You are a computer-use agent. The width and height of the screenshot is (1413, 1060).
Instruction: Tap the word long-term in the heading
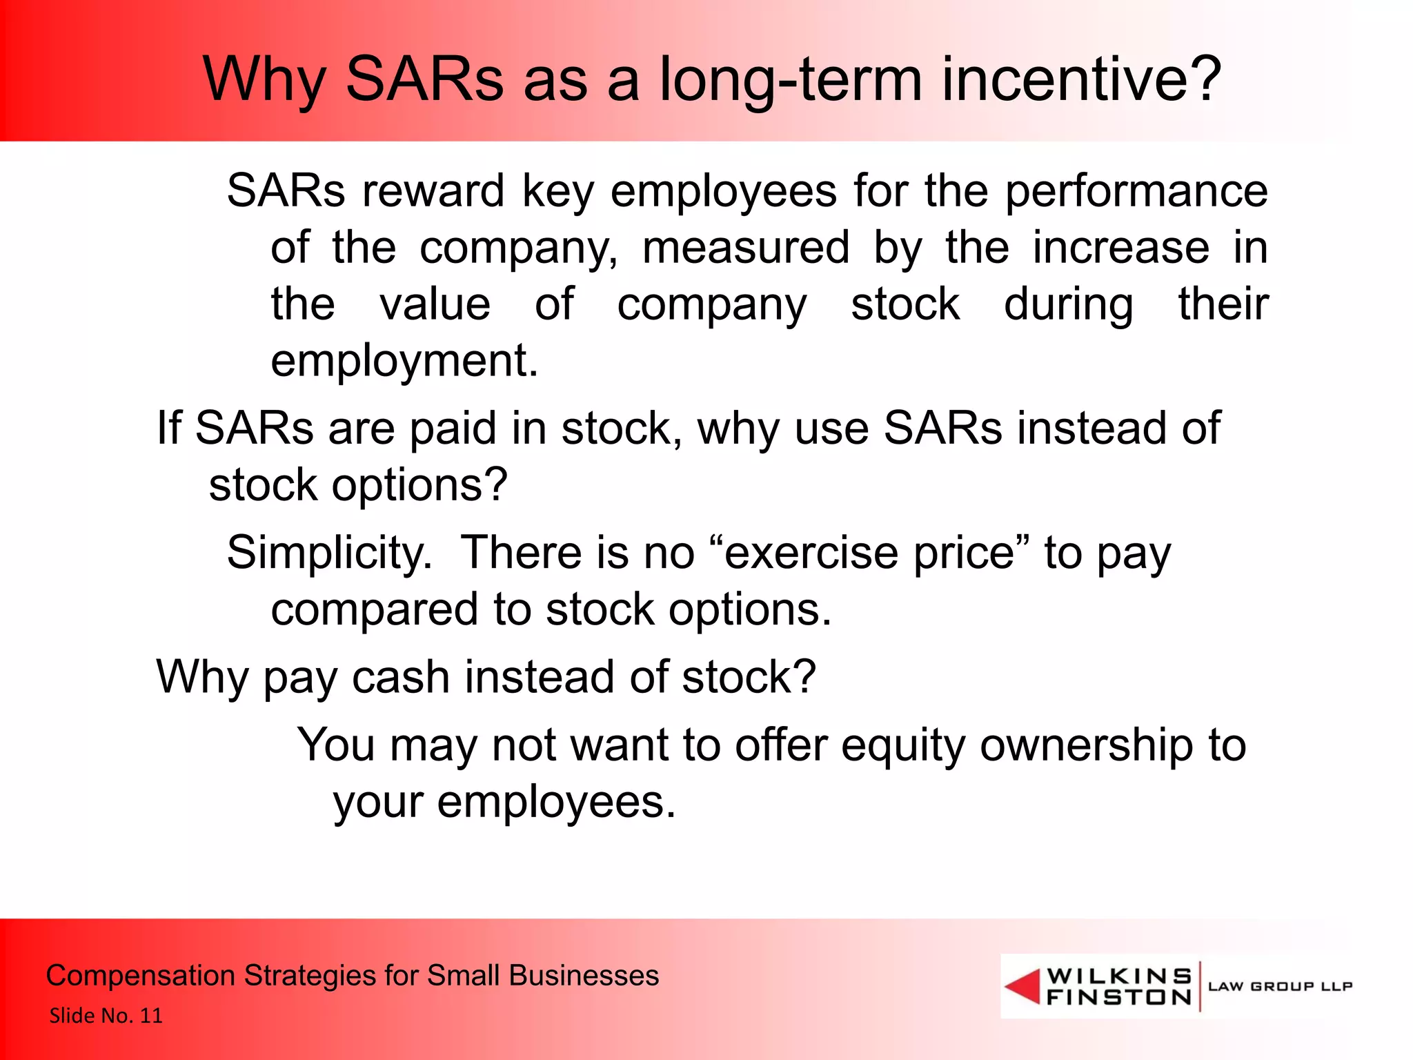[791, 80]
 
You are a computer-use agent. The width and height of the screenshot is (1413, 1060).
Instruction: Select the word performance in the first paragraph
[1136, 192]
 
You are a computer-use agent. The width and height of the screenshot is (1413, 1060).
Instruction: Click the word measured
[746, 248]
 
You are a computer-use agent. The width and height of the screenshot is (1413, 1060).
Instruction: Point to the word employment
[404, 362]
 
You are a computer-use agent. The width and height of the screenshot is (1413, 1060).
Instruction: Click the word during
[1068, 305]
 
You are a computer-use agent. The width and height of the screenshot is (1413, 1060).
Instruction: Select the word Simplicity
[329, 553]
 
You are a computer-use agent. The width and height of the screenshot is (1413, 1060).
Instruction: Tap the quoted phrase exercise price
[870, 553]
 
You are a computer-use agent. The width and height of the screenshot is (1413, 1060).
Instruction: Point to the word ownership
[1087, 746]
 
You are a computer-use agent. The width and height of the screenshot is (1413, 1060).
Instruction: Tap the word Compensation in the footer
[140, 976]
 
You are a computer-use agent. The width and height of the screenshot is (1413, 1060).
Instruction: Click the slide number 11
[151, 1016]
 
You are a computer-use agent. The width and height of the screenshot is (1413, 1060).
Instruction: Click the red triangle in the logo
[1024, 986]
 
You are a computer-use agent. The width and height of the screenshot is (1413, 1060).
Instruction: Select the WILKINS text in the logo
[1119, 976]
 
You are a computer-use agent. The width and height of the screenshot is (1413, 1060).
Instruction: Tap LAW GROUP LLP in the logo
[1280, 986]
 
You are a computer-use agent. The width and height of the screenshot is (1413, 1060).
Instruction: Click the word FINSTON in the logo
[1119, 997]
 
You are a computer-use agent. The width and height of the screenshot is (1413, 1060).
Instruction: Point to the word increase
[1120, 248]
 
